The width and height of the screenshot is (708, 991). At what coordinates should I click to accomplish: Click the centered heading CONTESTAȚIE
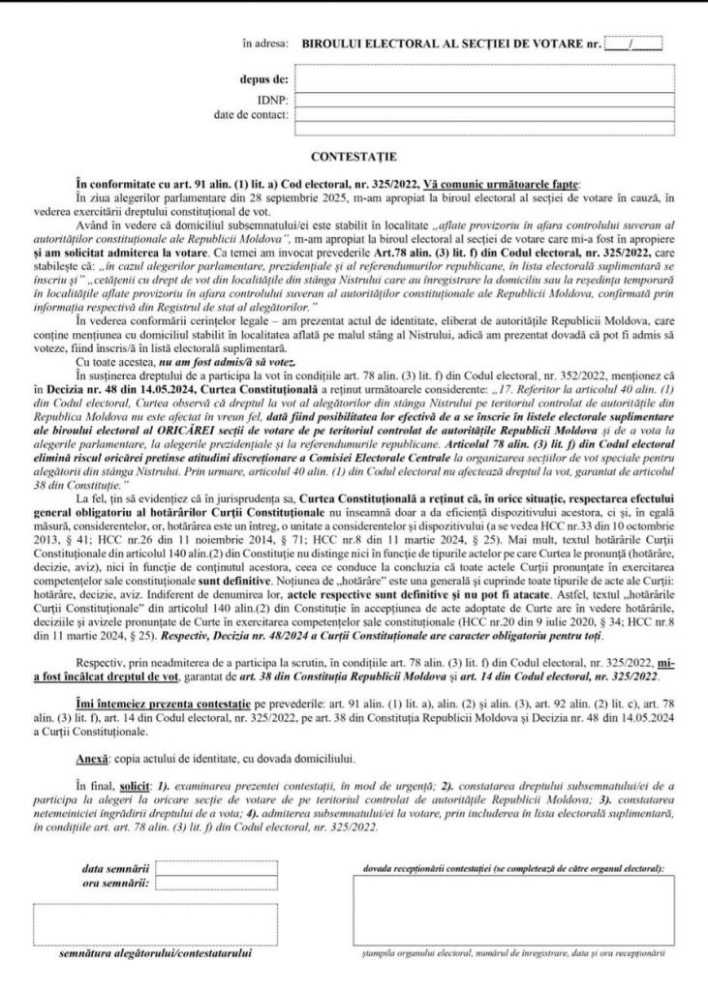pyautogui.click(x=354, y=155)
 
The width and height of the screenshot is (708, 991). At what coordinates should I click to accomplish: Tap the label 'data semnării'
pyautogui.click(x=115, y=869)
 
